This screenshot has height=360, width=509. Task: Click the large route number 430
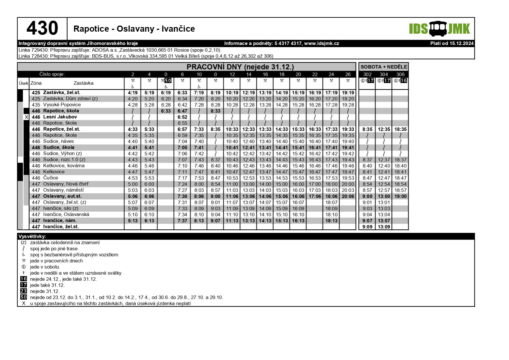point(42,28)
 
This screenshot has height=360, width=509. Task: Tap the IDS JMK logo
point(439,29)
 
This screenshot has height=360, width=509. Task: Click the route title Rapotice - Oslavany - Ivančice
point(134,29)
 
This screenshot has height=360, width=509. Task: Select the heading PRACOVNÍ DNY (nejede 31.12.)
point(240,67)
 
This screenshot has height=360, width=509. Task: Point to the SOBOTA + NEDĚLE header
point(383,67)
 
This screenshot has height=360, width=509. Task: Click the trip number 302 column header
point(367,74)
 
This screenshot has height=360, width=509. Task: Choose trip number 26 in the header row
point(348,74)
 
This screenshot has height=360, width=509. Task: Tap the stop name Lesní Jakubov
point(60,117)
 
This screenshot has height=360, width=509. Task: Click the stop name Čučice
point(51,178)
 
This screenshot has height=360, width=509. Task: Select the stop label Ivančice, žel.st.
point(61,227)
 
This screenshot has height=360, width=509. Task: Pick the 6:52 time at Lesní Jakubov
point(182,117)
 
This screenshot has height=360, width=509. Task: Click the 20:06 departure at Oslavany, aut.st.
point(348,196)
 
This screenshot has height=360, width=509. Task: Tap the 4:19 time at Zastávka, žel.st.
point(133,93)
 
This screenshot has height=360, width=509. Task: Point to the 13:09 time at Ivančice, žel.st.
point(384,227)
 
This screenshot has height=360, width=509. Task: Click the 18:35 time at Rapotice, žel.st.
point(400,129)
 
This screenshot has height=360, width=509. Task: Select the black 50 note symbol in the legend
point(24,297)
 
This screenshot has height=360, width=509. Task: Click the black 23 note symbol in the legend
point(24,291)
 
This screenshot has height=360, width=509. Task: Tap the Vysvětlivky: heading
point(32,236)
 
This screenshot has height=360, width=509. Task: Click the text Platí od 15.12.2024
point(452,43)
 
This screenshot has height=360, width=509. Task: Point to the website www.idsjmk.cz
point(321,43)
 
